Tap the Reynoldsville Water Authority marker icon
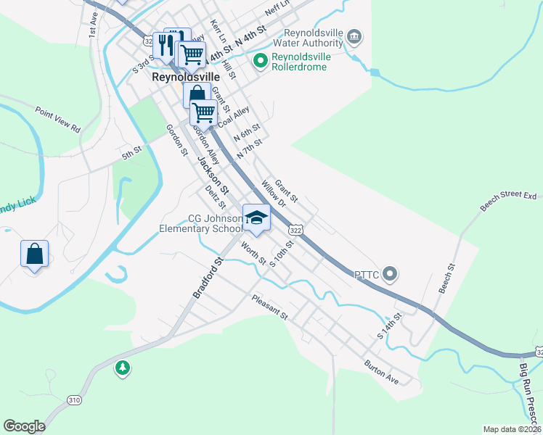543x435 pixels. pyautogui.click(x=354, y=36)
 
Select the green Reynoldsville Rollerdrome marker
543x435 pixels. pyautogui.click(x=259, y=61)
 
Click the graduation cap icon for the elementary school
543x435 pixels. pyautogui.click(x=256, y=216)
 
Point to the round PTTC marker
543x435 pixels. pyautogui.click(x=391, y=274)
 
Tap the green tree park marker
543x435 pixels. pyautogui.click(x=123, y=369)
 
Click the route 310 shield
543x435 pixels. pyautogui.click(x=74, y=399)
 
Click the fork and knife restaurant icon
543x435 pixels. pyautogui.click(x=163, y=44)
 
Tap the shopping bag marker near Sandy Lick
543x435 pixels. pyautogui.click(x=34, y=254)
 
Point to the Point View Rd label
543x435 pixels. pyautogui.click(x=58, y=118)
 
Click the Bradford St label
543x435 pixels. pyautogui.click(x=207, y=276)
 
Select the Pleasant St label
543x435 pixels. pyautogui.click(x=270, y=307)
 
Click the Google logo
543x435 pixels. pyautogui.click(x=24, y=426)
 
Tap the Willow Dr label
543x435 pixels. pyautogui.click(x=274, y=195)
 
